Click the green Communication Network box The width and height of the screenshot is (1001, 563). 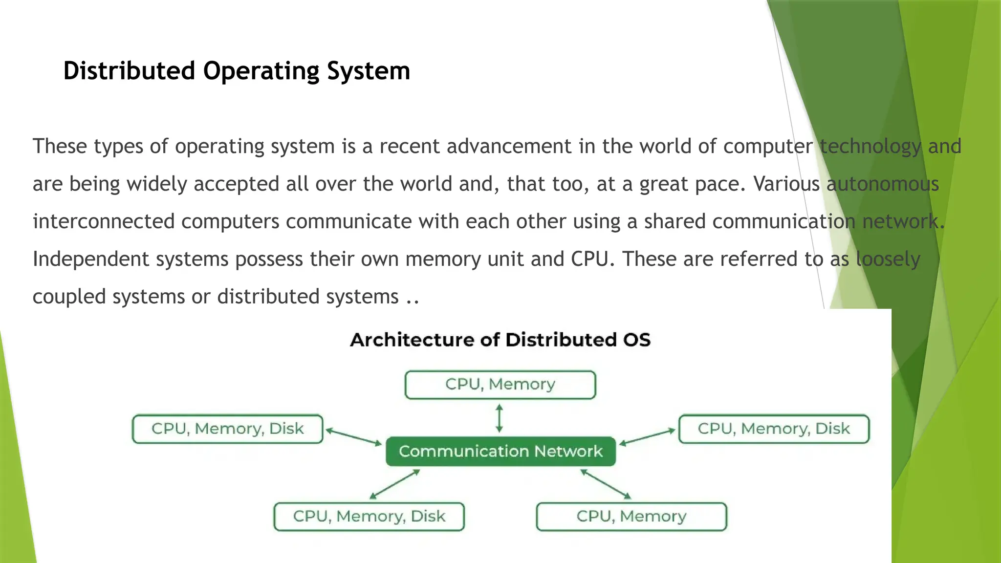click(x=500, y=451)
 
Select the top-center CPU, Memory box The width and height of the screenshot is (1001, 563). click(x=500, y=385)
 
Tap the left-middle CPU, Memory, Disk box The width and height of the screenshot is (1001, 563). click(x=228, y=429)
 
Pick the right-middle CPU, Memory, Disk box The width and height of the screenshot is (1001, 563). click(x=774, y=429)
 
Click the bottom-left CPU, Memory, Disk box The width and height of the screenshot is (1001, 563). click(x=369, y=517)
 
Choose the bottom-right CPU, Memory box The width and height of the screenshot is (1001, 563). click(x=631, y=517)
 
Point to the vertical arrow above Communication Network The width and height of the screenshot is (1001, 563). click(x=499, y=418)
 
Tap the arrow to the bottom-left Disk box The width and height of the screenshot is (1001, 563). click(x=394, y=484)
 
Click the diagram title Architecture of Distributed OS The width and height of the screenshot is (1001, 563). click(x=500, y=340)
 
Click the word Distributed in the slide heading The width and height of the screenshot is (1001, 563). click(x=129, y=71)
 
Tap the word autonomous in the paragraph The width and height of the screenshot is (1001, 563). click(x=883, y=184)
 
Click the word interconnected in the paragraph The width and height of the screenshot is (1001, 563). click(x=104, y=221)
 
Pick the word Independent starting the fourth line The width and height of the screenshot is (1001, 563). click(x=91, y=259)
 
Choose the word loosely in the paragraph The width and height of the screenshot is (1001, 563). click(x=888, y=259)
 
